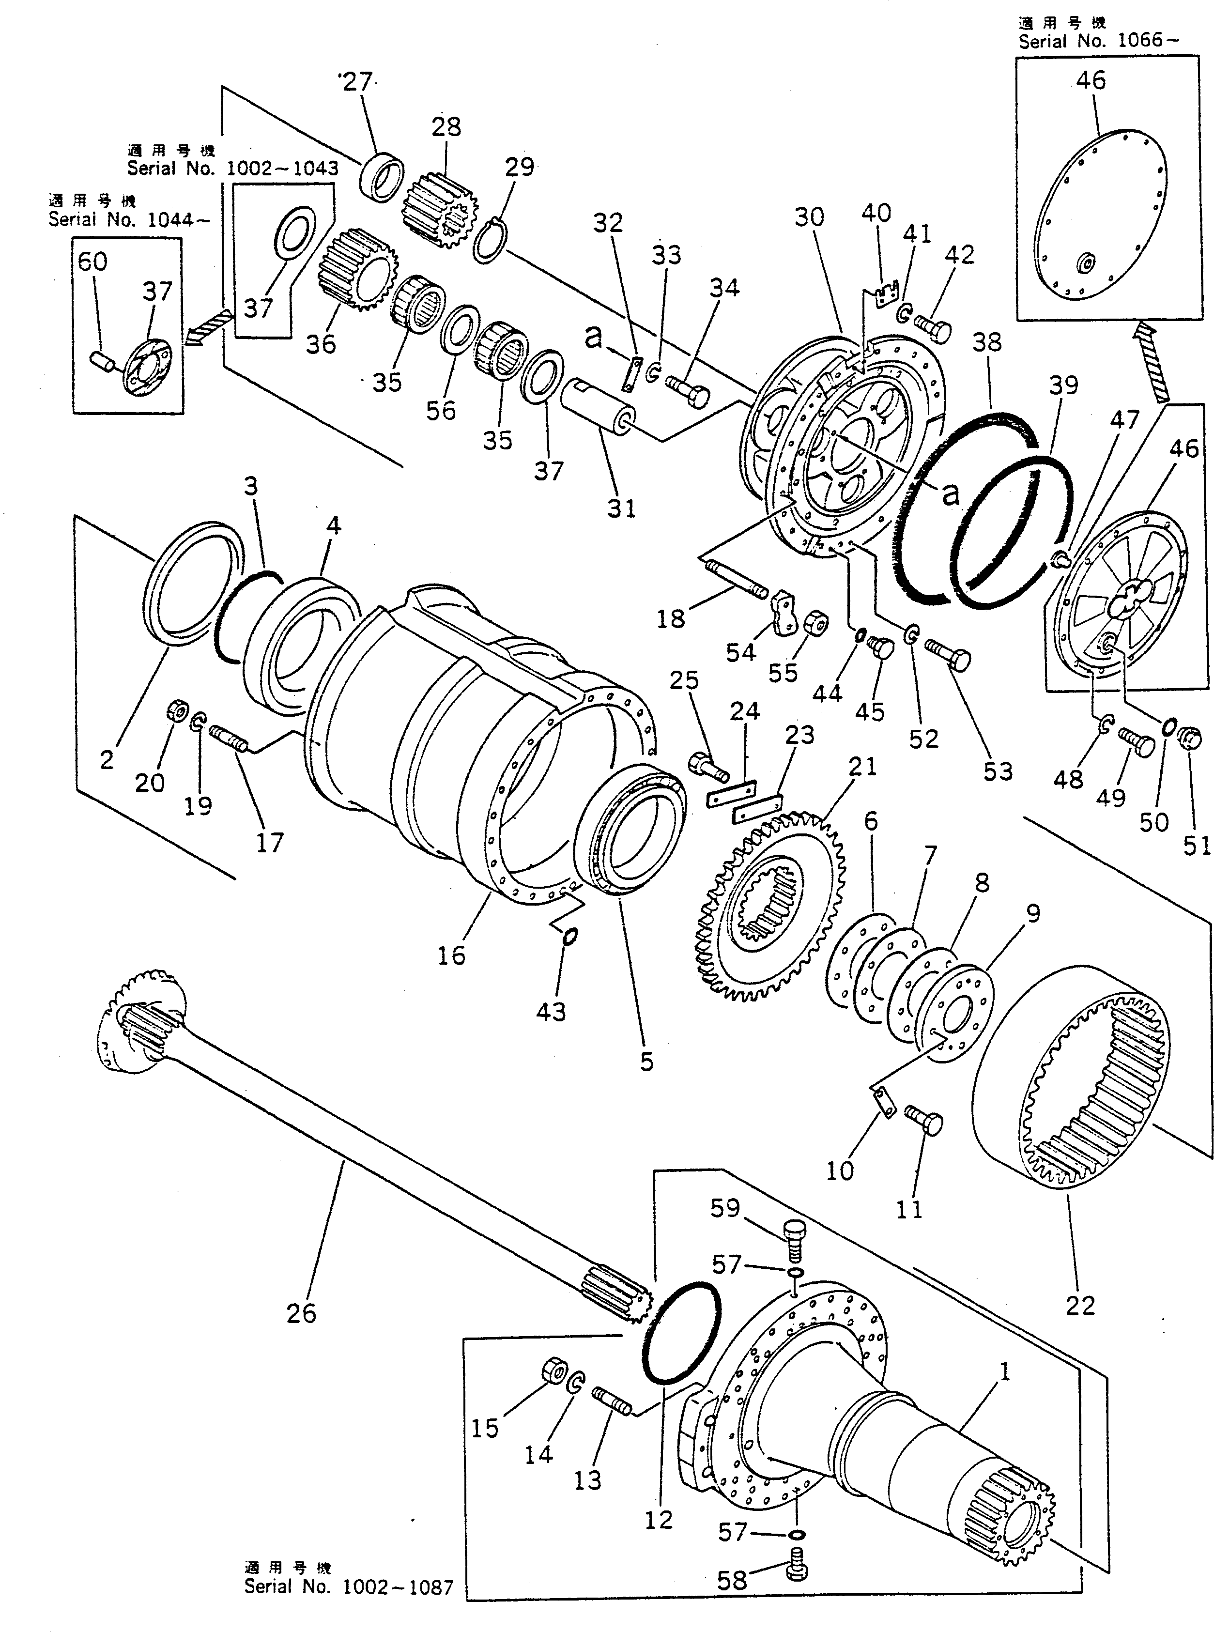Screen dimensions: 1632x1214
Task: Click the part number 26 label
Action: point(301,1312)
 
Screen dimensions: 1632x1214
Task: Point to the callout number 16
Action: point(451,955)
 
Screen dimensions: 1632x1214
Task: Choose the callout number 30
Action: point(809,217)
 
